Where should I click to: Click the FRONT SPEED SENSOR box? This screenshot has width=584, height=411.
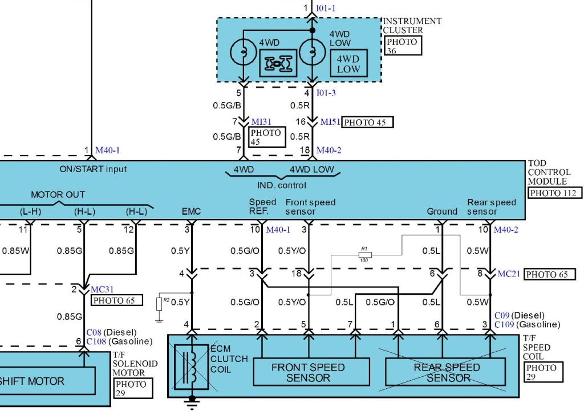click(x=308, y=372)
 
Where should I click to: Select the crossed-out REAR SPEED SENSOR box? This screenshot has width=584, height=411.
click(x=445, y=372)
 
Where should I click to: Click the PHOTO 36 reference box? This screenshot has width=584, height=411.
click(x=403, y=46)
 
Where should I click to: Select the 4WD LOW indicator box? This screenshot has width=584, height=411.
click(x=348, y=64)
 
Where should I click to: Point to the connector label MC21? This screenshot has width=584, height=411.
click(x=509, y=274)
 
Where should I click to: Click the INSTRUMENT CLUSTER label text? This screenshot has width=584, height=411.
click(x=412, y=26)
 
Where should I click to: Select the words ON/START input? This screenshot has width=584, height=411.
click(x=93, y=169)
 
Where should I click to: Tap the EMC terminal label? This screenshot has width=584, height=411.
click(x=191, y=211)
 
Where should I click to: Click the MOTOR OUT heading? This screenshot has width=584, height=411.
click(x=58, y=195)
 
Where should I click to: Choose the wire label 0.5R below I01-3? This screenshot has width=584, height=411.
click(x=300, y=105)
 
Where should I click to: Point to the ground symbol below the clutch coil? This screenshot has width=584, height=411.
click(x=192, y=404)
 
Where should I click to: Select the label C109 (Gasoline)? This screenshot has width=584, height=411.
click(x=527, y=324)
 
